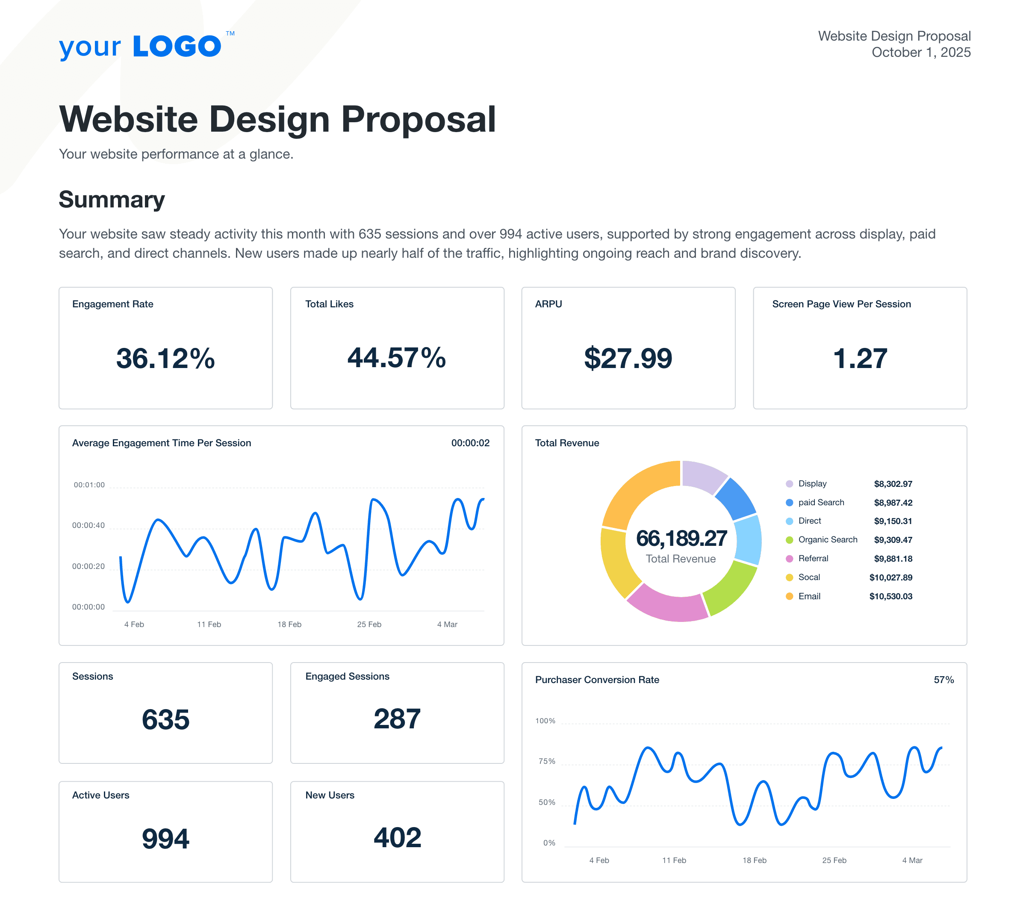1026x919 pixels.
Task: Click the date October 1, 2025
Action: [x=920, y=53]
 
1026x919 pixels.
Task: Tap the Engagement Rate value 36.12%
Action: [x=165, y=359]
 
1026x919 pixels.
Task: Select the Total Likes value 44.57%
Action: [x=397, y=358]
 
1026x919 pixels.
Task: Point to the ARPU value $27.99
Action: [x=628, y=359]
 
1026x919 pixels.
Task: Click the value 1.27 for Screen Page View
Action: [x=859, y=359]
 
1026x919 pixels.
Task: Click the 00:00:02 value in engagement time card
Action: [x=470, y=443]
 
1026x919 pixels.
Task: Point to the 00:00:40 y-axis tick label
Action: [x=88, y=525]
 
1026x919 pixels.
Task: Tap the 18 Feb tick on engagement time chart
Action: [x=289, y=624]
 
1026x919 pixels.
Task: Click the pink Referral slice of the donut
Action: [x=666, y=604]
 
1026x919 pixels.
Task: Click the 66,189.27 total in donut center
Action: [x=681, y=538]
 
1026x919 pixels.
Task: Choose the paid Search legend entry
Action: [x=820, y=502]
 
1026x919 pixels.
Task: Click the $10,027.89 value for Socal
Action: [x=890, y=577]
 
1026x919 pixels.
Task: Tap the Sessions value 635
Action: [x=165, y=719]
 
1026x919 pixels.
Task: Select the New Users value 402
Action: [x=397, y=838]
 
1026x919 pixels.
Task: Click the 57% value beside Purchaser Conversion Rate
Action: [x=943, y=680]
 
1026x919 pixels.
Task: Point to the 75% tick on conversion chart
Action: [x=546, y=761]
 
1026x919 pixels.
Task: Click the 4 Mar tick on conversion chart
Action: [x=912, y=860]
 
